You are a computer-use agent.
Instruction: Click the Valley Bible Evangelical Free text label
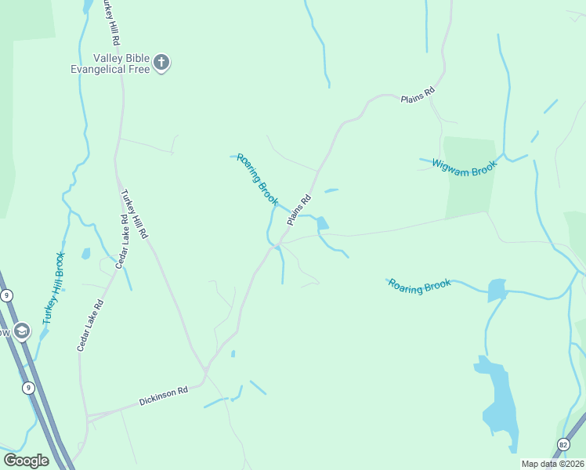click(120, 63)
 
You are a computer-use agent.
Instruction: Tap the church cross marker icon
click(162, 63)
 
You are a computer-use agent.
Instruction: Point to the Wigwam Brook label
click(464, 167)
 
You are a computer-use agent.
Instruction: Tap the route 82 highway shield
click(563, 445)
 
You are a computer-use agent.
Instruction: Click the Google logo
click(26, 460)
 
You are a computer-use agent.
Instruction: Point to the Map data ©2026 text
click(552, 464)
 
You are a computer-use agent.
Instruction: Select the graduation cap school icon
click(21, 331)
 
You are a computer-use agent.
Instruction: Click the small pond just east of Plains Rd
click(322, 224)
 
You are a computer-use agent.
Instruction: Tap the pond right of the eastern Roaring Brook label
click(497, 290)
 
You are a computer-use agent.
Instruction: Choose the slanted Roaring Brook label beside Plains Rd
click(258, 179)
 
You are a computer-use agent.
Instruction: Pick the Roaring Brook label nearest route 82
click(419, 286)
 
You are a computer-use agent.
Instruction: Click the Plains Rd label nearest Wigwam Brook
click(417, 96)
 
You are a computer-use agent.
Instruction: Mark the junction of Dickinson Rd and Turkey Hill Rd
click(205, 369)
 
